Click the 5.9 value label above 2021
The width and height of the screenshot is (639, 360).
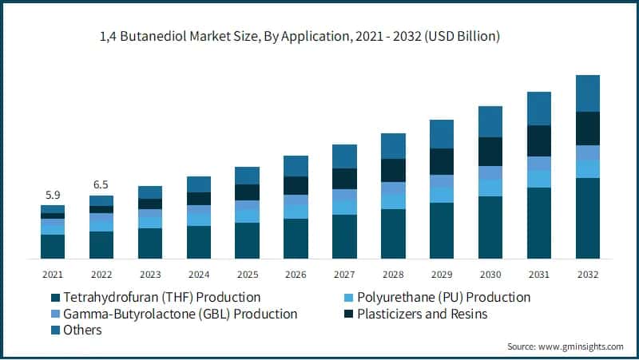click(x=53, y=194)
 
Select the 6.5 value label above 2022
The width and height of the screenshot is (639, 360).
click(x=101, y=184)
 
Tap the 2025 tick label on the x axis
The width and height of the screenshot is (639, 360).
click(x=247, y=274)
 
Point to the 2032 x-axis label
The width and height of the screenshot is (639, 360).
click(x=588, y=274)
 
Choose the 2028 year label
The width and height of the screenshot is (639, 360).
click(x=393, y=274)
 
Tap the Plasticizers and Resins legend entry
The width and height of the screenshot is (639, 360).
click(x=424, y=314)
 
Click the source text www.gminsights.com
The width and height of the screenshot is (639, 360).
click(x=566, y=346)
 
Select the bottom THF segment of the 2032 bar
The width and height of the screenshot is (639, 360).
click(x=588, y=218)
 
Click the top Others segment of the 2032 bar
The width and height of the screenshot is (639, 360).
click(x=588, y=93)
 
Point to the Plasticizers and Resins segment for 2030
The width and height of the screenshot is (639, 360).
click(x=490, y=152)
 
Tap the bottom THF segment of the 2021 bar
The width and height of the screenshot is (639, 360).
click(x=53, y=247)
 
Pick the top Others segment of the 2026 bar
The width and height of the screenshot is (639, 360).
click(x=296, y=166)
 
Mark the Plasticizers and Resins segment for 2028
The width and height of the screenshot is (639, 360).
click(x=393, y=170)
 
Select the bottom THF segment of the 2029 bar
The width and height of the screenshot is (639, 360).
click(x=442, y=231)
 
